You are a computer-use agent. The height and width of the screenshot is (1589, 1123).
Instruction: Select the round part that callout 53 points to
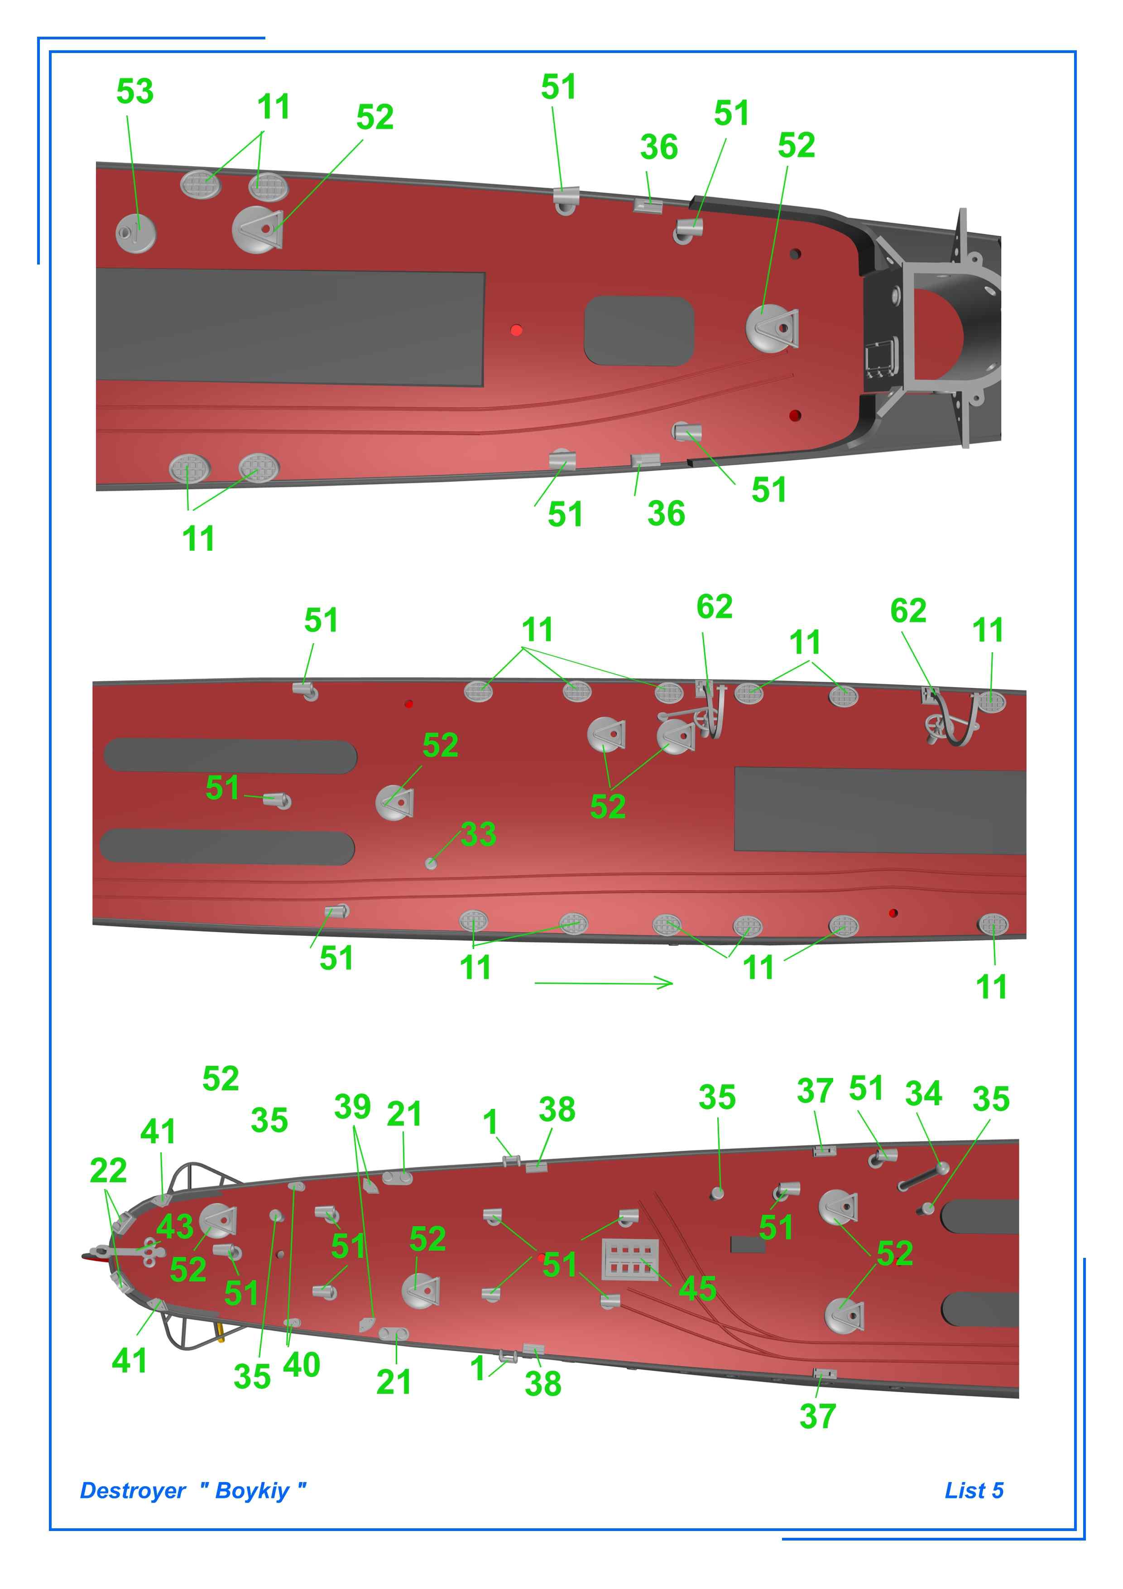tap(135, 232)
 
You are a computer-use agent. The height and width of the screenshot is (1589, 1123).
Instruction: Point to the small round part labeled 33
tap(431, 863)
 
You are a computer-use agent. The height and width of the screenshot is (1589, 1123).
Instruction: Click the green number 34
tap(924, 1093)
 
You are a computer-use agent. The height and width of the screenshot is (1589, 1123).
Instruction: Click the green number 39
tap(352, 1107)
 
